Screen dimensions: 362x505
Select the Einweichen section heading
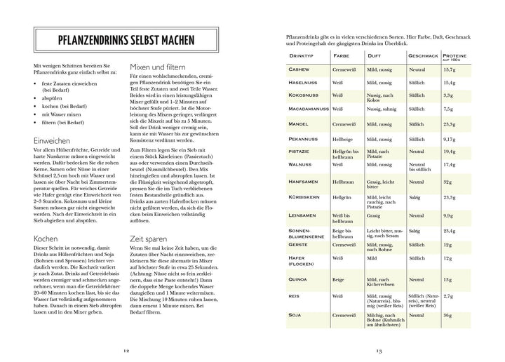pos(51,141)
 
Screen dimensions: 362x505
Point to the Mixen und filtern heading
pos(164,67)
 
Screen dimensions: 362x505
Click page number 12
pos(126,350)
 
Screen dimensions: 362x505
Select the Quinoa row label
pos(299,279)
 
